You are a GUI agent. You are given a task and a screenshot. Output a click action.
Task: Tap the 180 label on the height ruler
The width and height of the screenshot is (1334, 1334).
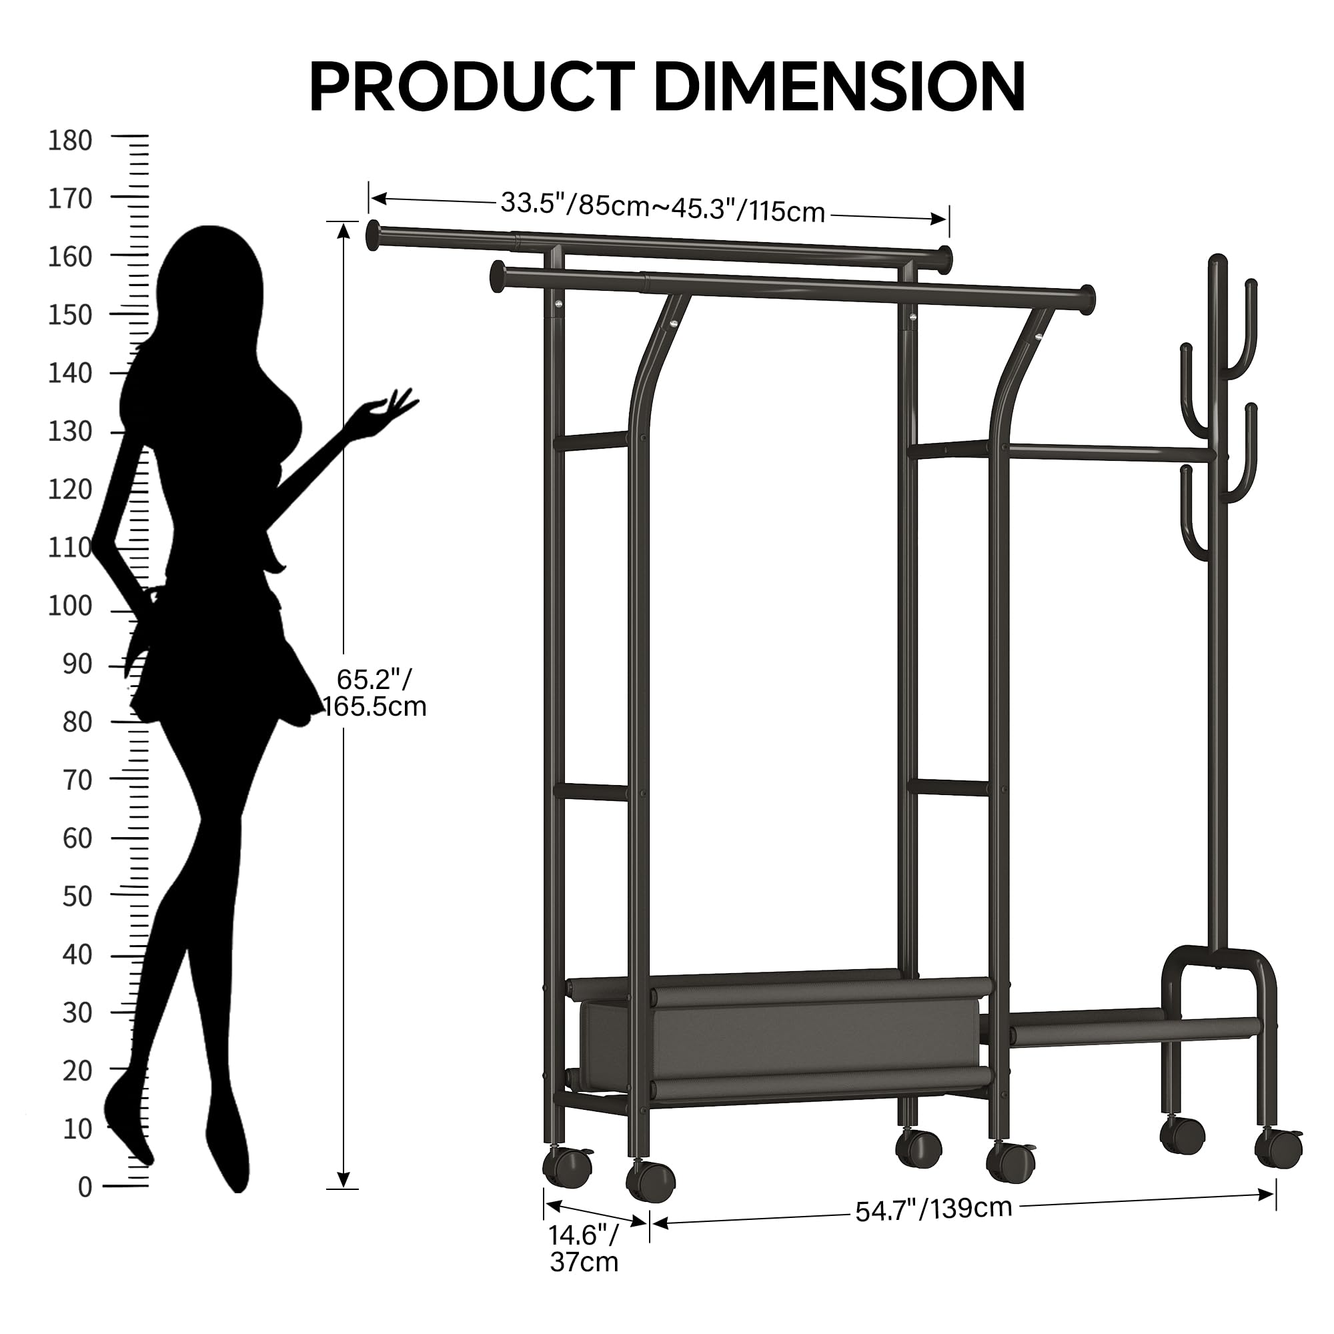point(70,140)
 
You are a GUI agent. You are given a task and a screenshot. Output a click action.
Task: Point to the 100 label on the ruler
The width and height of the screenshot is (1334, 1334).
point(70,606)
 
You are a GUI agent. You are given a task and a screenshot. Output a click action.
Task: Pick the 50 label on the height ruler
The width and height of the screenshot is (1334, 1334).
point(77,897)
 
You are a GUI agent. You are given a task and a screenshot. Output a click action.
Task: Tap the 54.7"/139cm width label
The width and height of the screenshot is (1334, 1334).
point(933,1209)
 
